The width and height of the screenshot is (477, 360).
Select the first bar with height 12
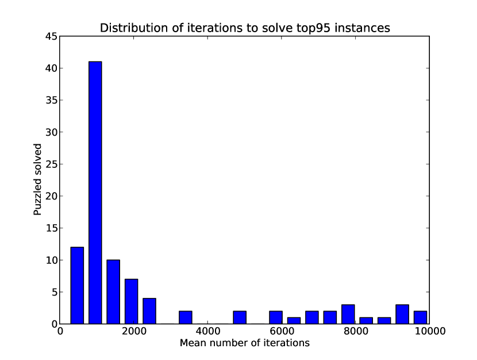(x=77, y=285)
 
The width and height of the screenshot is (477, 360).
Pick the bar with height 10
(x=114, y=292)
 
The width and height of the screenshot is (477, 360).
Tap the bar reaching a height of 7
(x=132, y=301)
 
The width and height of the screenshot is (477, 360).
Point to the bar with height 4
(x=149, y=311)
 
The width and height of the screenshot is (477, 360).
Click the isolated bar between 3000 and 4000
(x=186, y=317)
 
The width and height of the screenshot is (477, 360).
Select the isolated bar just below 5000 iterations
(x=240, y=317)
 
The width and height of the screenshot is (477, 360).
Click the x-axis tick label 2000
(x=134, y=332)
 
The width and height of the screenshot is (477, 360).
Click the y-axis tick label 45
(x=51, y=36)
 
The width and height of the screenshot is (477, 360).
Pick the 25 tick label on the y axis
(x=51, y=164)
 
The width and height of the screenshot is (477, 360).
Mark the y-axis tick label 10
(x=51, y=260)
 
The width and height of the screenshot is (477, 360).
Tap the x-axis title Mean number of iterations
(x=245, y=344)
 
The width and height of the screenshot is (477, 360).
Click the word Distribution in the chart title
(x=128, y=28)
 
